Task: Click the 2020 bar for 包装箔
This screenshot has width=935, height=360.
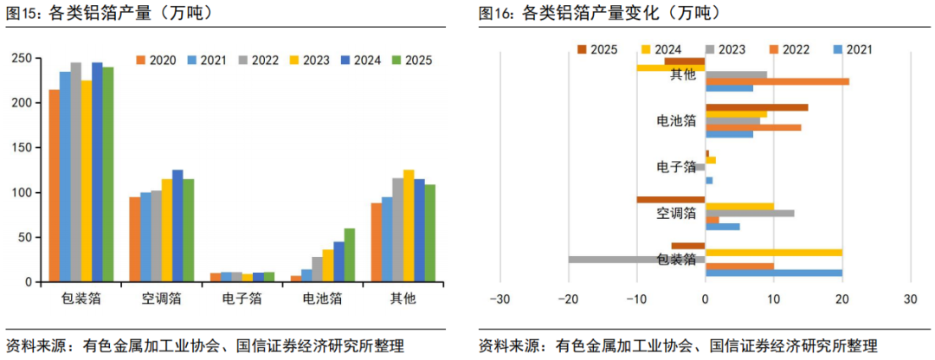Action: click(55, 186)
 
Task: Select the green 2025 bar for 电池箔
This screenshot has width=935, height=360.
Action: click(350, 255)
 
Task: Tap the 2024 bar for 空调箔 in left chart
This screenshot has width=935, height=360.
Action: click(177, 226)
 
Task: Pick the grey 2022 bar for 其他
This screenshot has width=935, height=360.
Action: click(397, 230)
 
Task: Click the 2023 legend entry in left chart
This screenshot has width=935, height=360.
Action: click(312, 61)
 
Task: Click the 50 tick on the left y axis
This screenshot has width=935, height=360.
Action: click(28, 237)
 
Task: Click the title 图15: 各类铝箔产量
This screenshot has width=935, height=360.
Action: click(113, 13)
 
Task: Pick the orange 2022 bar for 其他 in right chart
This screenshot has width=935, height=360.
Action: click(777, 81)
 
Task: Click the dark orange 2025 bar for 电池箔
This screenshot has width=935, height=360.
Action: click(757, 107)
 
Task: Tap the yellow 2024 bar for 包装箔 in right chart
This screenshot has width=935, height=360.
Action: click(774, 253)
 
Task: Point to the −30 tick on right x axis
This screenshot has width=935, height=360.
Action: click(500, 299)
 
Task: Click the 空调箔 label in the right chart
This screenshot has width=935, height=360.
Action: click(676, 213)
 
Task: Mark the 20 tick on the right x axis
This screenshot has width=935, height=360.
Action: click(841, 299)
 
